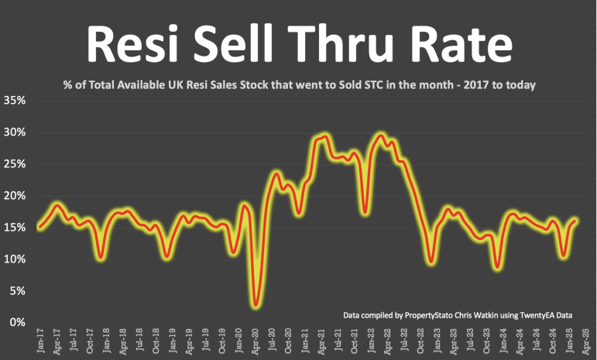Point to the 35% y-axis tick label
[15, 101]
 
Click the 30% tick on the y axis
[15, 132]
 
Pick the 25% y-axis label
[15, 164]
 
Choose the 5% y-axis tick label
[18, 290]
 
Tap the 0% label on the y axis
[18, 322]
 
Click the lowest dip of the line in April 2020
[256, 306]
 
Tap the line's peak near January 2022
[379, 135]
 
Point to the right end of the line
[576, 220]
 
